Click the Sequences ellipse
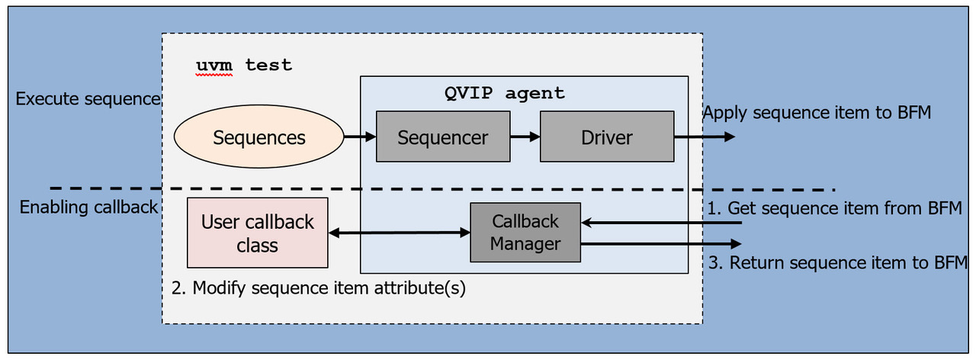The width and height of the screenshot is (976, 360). [x=258, y=137]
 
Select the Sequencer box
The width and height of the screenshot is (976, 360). [x=443, y=137]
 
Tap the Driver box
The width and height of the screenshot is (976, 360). [x=607, y=137]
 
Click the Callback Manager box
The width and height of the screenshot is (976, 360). [x=525, y=233]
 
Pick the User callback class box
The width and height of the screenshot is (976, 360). [x=257, y=233]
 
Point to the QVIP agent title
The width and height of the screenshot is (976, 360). [x=505, y=94]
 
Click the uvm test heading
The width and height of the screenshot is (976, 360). [x=244, y=66]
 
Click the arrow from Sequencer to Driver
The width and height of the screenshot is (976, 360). [x=525, y=137]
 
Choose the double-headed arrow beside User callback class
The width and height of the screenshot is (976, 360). [x=399, y=233]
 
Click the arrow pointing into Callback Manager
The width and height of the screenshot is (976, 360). [x=661, y=223]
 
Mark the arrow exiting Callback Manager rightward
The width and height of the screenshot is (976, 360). [x=661, y=244]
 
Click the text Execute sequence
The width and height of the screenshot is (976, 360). [x=88, y=99]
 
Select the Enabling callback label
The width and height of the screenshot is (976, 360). [x=88, y=207]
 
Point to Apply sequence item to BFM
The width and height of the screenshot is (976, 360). [x=817, y=114]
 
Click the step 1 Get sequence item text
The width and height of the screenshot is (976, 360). [x=835, y=208]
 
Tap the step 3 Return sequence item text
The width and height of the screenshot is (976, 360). [x=837, y=264]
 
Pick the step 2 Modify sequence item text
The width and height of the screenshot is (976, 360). [x=318, y=288]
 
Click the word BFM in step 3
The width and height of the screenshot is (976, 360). [x=949, y=264]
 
